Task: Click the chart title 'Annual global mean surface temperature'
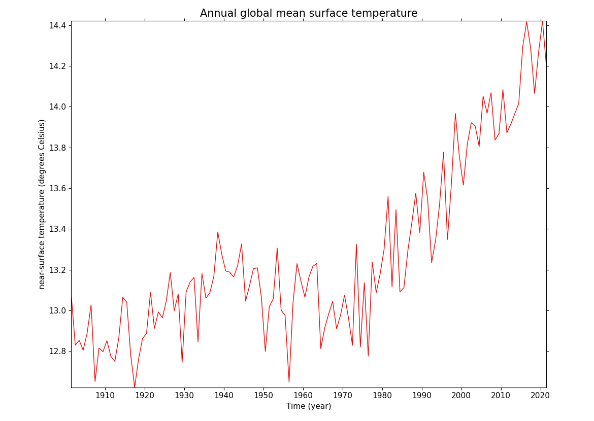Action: (308, 13)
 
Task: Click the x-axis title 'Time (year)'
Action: (308, 406)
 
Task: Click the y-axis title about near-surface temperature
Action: (42, 204)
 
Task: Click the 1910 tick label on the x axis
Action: (105, 395)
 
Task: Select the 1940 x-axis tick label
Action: (224, 395)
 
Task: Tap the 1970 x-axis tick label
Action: (343, 395)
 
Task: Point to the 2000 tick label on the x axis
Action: (461, 395)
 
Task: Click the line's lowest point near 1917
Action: (135, 387)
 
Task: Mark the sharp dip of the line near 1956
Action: (289, 382)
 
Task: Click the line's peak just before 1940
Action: (218, 232)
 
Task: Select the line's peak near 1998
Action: (455, 114)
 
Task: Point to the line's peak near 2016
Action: (526, 22)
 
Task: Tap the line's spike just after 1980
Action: (388, 197)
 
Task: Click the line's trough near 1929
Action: (182, 362)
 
